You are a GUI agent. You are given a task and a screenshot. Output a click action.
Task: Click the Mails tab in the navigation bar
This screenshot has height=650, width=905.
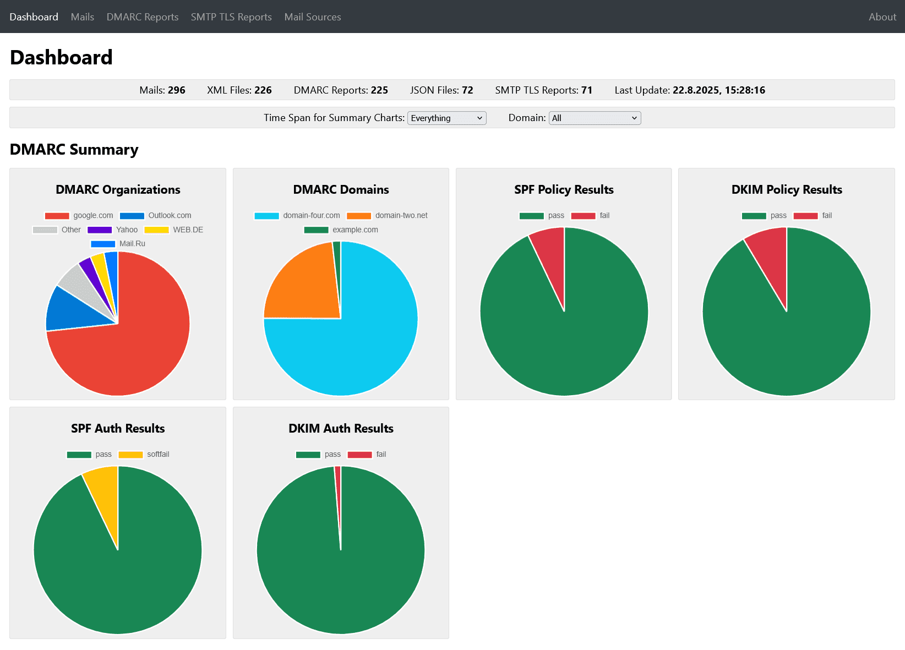pyautogui.click(x=83, y=17)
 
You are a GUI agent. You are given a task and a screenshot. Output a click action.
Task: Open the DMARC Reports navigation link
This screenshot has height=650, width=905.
pyautogui.click(x=143, y=17)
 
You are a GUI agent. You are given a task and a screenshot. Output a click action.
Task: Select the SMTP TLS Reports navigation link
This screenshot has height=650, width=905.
pyautogui.click(x=231, y=17)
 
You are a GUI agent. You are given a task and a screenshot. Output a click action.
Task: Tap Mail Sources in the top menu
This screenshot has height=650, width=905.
pyautogui.click(x=313, y=17)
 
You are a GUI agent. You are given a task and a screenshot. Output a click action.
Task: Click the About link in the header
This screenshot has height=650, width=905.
pyautogui.click(x=882, y=17)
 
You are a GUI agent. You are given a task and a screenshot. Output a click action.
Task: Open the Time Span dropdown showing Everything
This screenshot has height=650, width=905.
pyautogui.click(x=446, y=118)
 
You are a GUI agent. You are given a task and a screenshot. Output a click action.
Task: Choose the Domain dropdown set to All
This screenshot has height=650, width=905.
pyautogui.click(x=595, y=118)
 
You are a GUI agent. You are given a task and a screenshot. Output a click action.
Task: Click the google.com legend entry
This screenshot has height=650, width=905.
pyautogui.click(x=80, y=216)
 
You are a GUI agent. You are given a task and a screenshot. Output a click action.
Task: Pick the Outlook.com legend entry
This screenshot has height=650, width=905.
pyautogui.click(x=156, y=216)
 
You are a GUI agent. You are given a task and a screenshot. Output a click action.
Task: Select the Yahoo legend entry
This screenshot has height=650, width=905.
pyautogui.click(x=113, y=230)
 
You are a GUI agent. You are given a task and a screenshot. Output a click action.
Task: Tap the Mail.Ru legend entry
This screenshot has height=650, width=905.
pyautogui.click(x=118, y=244)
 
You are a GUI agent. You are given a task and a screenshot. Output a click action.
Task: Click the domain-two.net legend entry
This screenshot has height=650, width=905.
pyautogui.click(x=388, y=216)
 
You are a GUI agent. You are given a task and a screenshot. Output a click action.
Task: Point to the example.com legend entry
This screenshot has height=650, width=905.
pyautogui.click(x=341, y=230)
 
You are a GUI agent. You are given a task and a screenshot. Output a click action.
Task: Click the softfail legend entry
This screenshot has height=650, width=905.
pyautogui.click(x=145, y=455)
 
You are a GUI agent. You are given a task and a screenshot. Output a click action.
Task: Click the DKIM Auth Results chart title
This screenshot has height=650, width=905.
pyautogui.click(x=341, y=429)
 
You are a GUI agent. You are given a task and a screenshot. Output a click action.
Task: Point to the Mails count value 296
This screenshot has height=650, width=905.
pyautogui.click(x=177, y=90)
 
